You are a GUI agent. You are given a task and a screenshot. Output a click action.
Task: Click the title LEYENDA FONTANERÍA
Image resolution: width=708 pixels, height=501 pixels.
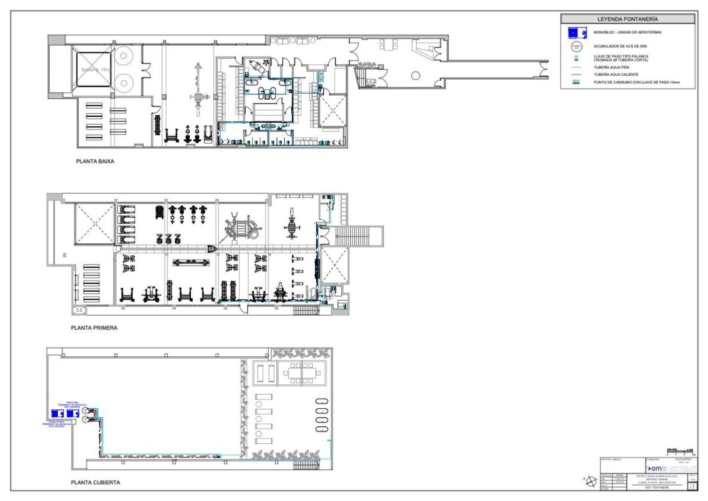627,19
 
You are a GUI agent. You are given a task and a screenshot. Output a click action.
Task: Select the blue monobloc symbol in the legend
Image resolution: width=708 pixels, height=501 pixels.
576,33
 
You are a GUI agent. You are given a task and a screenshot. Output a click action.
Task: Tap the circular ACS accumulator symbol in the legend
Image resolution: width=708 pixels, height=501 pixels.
576,47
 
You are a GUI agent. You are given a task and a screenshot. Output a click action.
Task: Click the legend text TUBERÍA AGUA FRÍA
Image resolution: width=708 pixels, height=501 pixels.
611,67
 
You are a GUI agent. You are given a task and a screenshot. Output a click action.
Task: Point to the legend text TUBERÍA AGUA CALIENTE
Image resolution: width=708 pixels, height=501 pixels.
616,75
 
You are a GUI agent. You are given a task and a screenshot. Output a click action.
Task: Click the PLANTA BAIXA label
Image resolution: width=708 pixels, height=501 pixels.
95,161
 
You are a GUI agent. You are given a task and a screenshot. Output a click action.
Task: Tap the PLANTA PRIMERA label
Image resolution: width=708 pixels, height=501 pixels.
94,328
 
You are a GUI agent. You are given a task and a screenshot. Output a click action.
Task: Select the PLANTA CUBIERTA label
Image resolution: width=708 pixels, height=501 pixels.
96,482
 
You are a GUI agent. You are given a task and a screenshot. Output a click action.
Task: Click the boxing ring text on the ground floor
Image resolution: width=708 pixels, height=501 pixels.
96,70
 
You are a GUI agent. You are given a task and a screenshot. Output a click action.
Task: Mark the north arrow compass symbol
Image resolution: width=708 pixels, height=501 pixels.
591,481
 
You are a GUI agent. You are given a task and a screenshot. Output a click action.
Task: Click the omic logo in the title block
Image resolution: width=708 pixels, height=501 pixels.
657,468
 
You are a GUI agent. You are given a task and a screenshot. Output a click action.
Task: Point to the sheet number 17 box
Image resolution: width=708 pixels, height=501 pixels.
692,486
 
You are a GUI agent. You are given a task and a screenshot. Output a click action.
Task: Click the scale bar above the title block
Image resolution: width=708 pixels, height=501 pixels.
679,451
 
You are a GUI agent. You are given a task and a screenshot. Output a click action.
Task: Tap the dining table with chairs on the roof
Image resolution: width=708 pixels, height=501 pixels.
302,373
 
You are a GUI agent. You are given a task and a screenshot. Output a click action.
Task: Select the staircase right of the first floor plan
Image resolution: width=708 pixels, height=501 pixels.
357,236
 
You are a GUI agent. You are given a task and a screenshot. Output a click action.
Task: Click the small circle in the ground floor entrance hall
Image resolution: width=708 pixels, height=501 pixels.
415,76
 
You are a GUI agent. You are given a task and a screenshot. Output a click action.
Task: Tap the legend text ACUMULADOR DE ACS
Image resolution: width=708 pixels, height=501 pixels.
620,46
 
